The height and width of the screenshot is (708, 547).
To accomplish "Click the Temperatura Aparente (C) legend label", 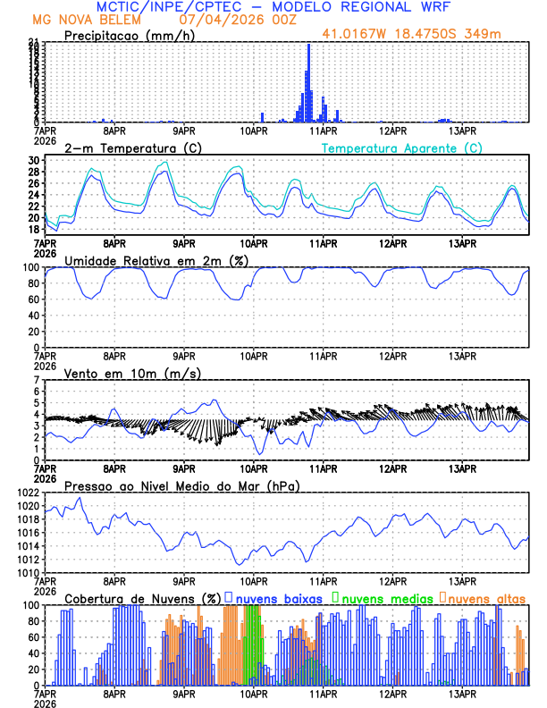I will pos(401,147).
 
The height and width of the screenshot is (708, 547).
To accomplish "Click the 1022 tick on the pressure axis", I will pos(29,493).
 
